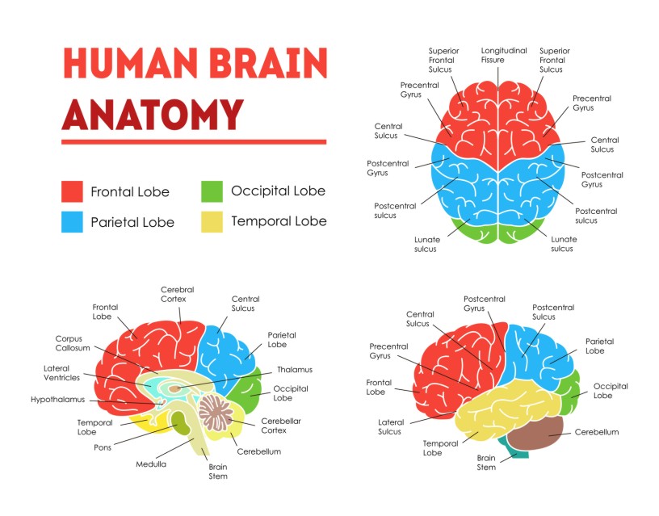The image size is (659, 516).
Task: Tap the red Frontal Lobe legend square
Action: pyautogui.click(x=73, y=192)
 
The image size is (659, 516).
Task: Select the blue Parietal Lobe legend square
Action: pyautogui.click(x=73, y=222)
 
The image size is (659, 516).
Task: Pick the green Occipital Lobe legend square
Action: pyautogui.click(x=212, y=191)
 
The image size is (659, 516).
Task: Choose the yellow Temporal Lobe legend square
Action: pyautogui.click(x=212, y=221)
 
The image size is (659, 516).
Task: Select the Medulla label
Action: pyautogui.click(x=151, y=464)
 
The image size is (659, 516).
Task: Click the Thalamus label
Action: pyautogui.click(x=294, y=370)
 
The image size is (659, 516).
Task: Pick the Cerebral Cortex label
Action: pyautogui.click(x=177, y=294)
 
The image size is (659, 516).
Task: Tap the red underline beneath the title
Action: pyautogui.click(x=194, y=142)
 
